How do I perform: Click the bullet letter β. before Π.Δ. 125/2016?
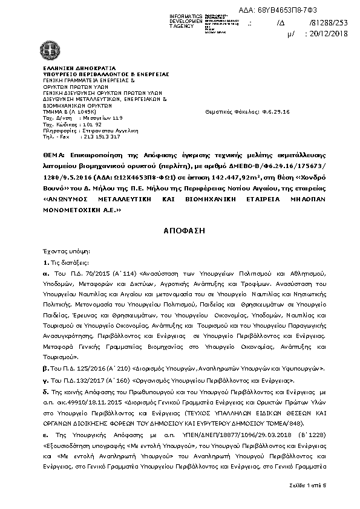(45, 368)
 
